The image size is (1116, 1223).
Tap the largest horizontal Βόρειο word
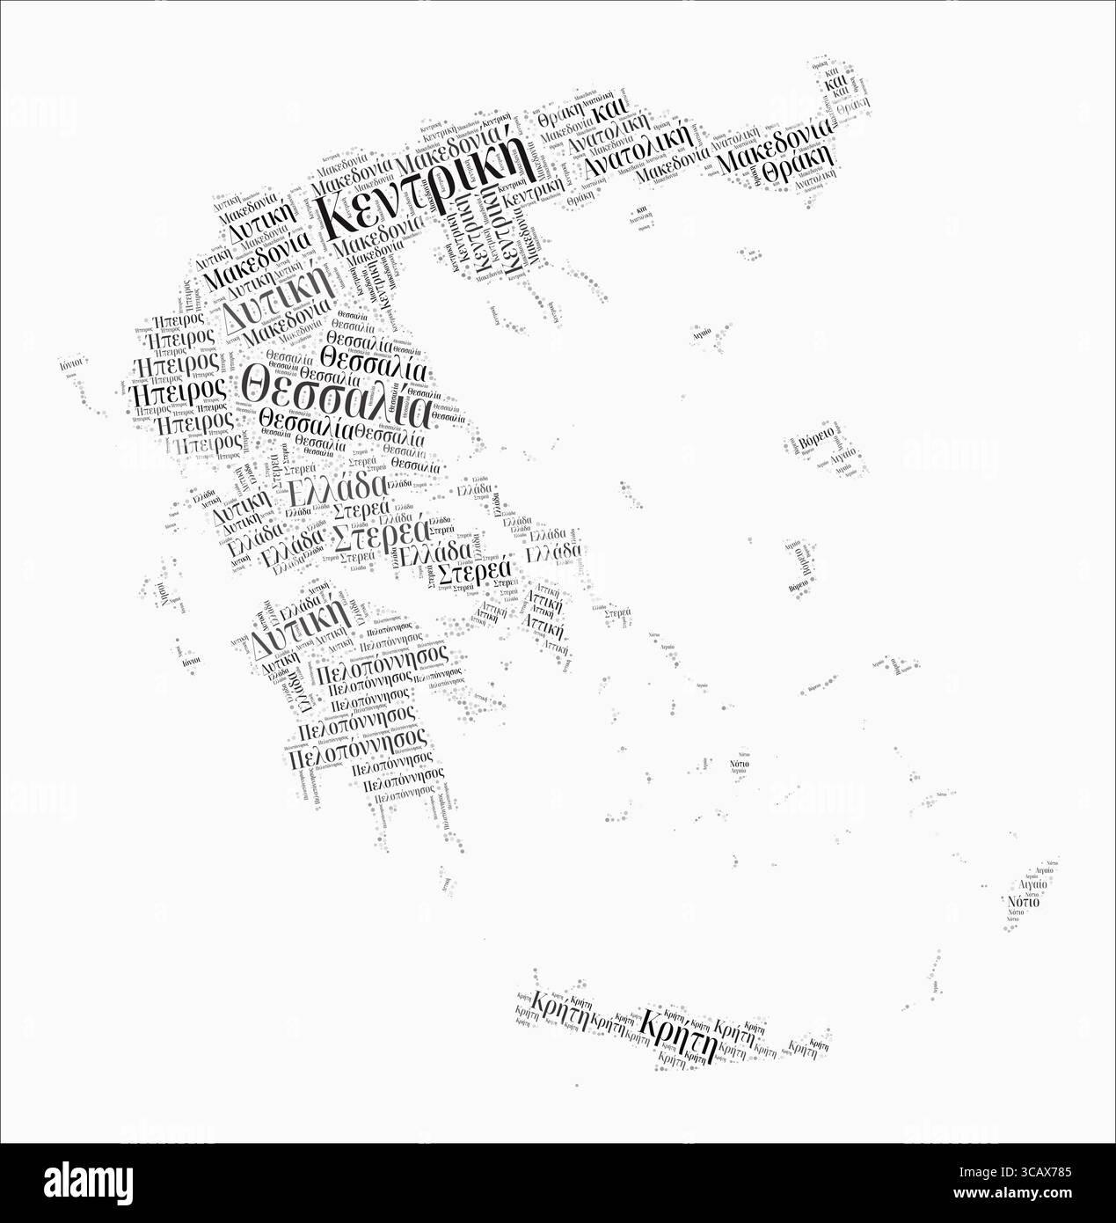(813, 436)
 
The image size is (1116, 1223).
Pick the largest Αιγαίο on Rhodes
(1031, 885)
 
